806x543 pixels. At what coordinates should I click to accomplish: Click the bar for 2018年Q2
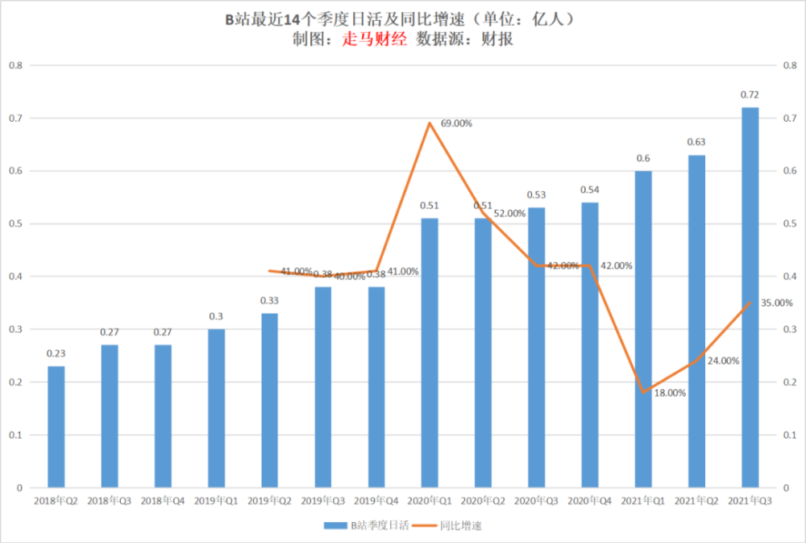56,427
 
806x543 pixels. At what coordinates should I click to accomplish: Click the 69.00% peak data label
456,123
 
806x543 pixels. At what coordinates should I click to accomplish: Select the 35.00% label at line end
776,303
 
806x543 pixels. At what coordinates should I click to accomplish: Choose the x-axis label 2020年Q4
589,501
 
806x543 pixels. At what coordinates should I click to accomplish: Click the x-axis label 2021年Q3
750,501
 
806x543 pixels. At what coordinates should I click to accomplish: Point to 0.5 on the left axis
15,223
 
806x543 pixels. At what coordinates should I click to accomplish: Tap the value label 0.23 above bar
56,353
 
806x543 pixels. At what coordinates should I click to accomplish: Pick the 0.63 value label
696,142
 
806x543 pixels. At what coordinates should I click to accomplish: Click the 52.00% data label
509,213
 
